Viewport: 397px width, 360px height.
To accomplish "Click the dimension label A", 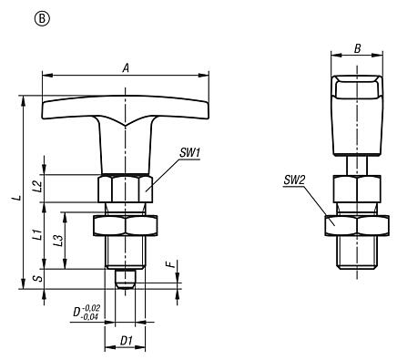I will point(124,65).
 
